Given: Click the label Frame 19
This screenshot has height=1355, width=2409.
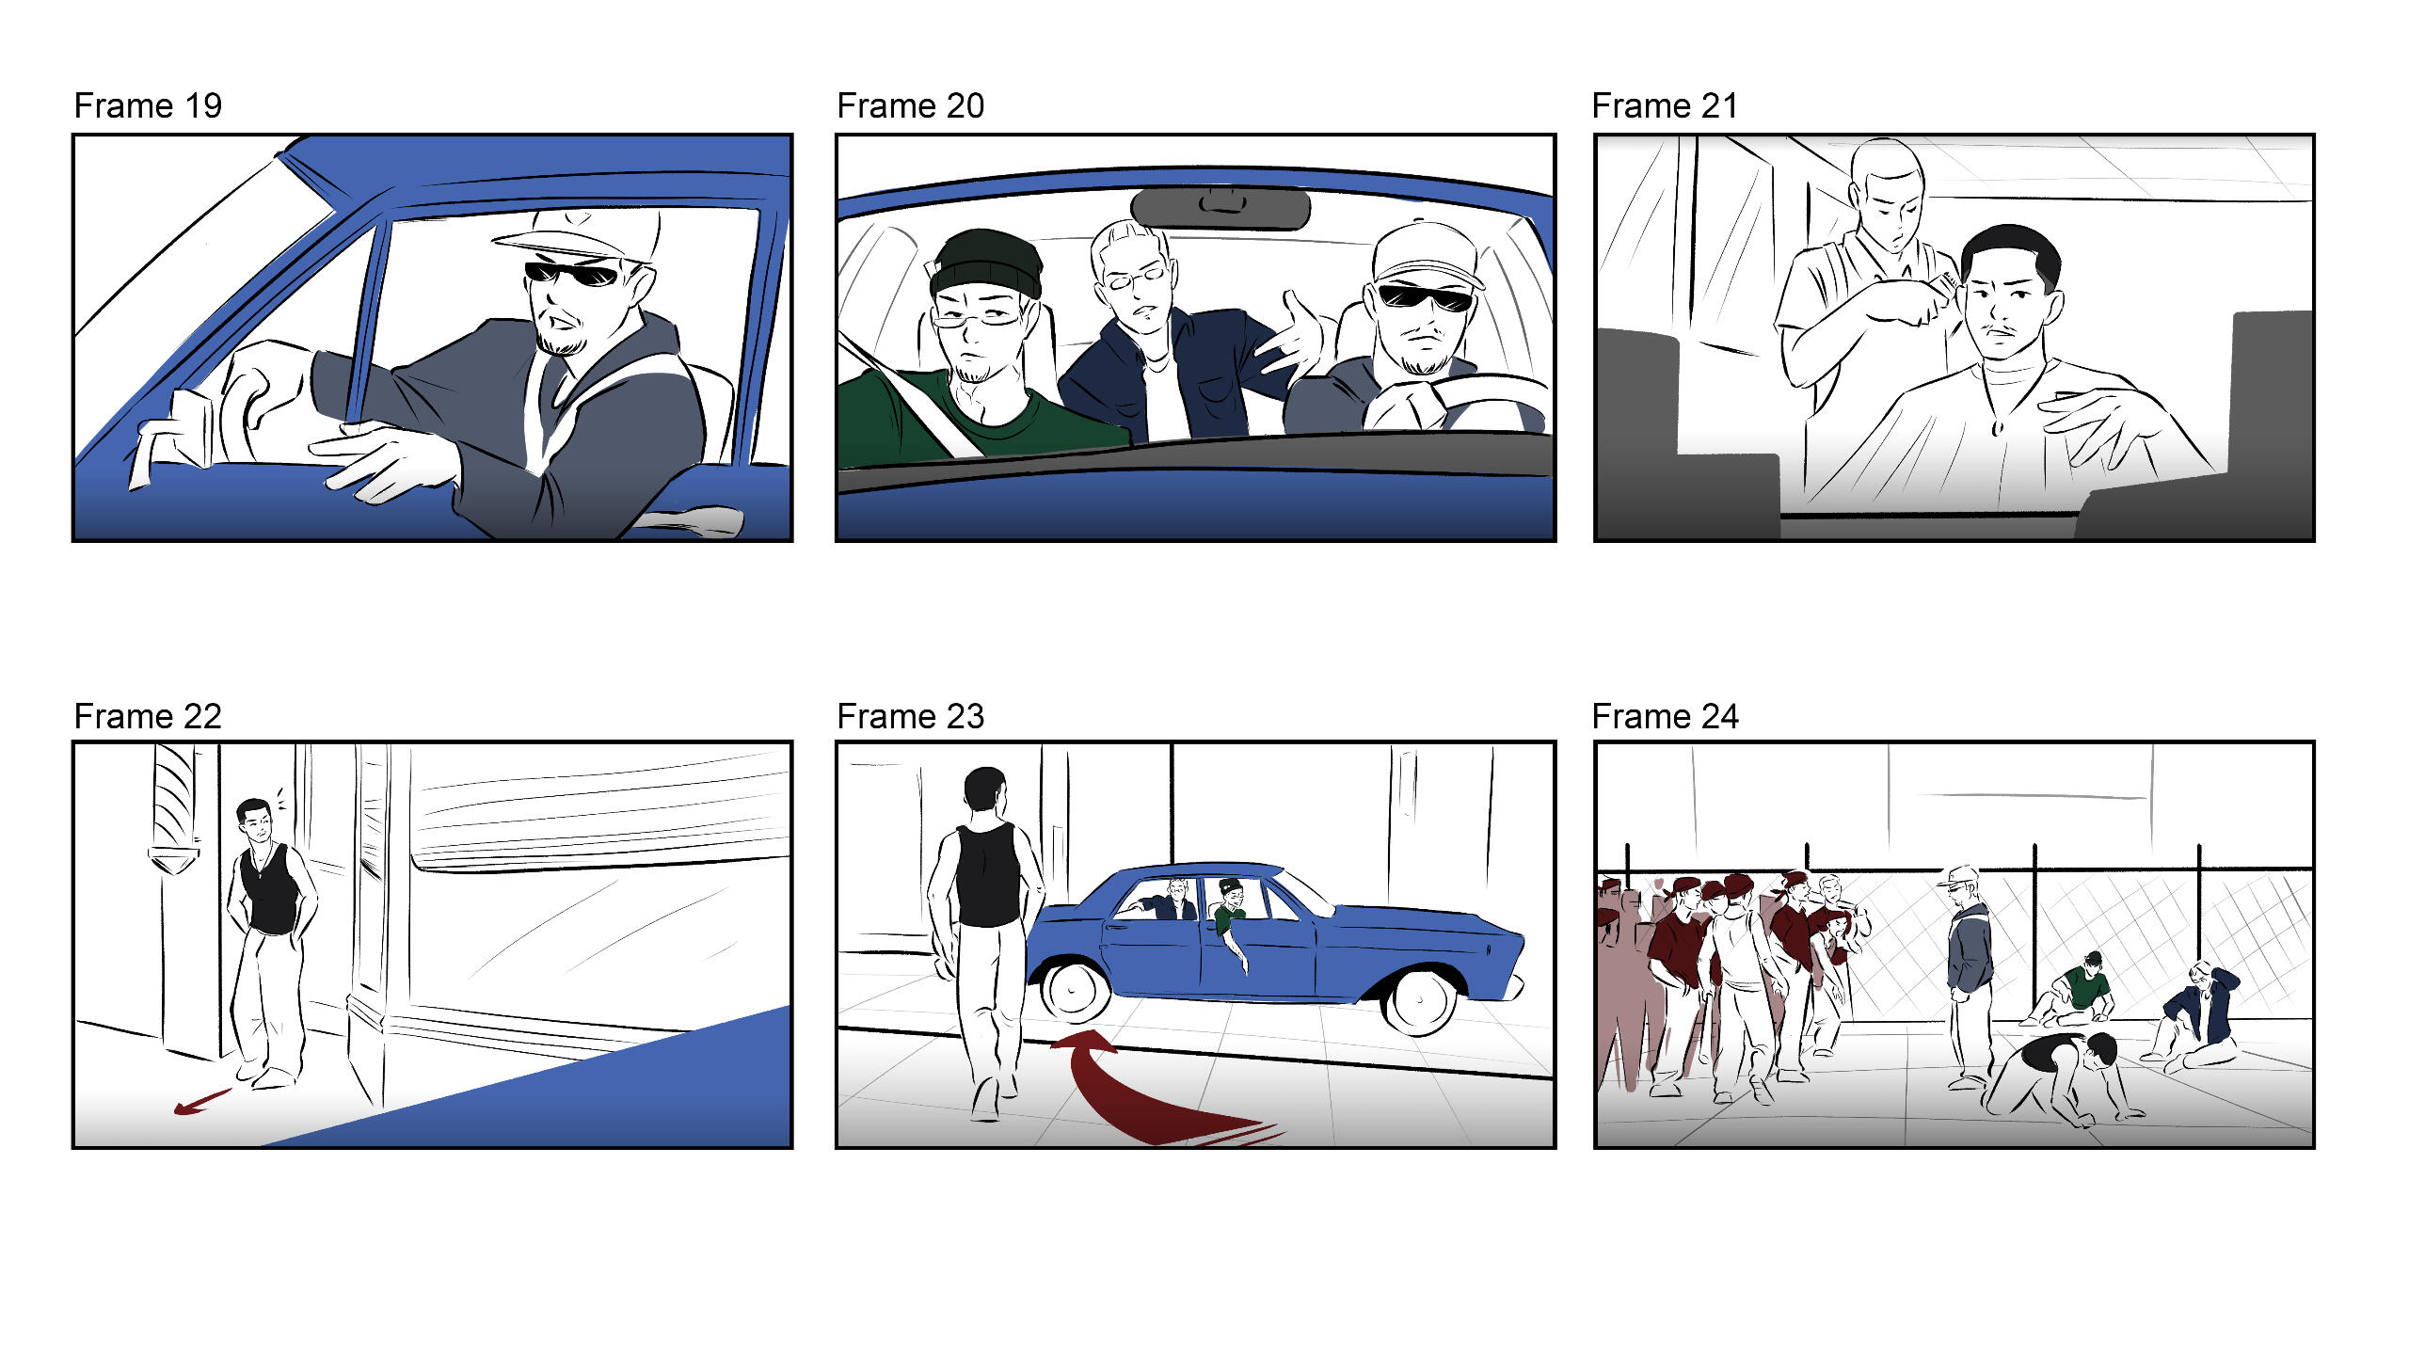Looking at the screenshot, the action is pos(148,105).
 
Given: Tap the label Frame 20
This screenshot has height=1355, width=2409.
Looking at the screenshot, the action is pos(910,105).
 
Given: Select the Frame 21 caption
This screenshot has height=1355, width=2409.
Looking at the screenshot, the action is pos(1665,105).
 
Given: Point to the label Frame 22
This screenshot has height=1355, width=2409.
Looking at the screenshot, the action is pos(148,716).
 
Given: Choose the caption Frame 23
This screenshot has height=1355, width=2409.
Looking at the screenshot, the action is pos(910,716).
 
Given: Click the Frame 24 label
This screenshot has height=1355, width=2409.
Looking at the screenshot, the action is pos(1665,716).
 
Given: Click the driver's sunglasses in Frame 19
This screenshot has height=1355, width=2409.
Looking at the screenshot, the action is pos(572,274).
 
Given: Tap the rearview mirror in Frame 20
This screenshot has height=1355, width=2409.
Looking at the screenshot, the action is pos(1220,209).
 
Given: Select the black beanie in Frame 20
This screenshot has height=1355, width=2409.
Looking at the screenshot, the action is pos(986,263).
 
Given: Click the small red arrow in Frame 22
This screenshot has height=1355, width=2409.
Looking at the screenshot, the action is pos(201,1102).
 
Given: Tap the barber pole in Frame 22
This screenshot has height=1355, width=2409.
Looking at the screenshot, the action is pos(174,809).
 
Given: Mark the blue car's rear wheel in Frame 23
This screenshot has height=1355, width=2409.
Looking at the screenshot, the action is pos(1073,989).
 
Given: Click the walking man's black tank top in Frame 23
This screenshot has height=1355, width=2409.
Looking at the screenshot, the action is pos(987,875).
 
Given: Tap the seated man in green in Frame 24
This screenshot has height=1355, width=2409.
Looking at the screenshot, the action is pos(2074,993).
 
